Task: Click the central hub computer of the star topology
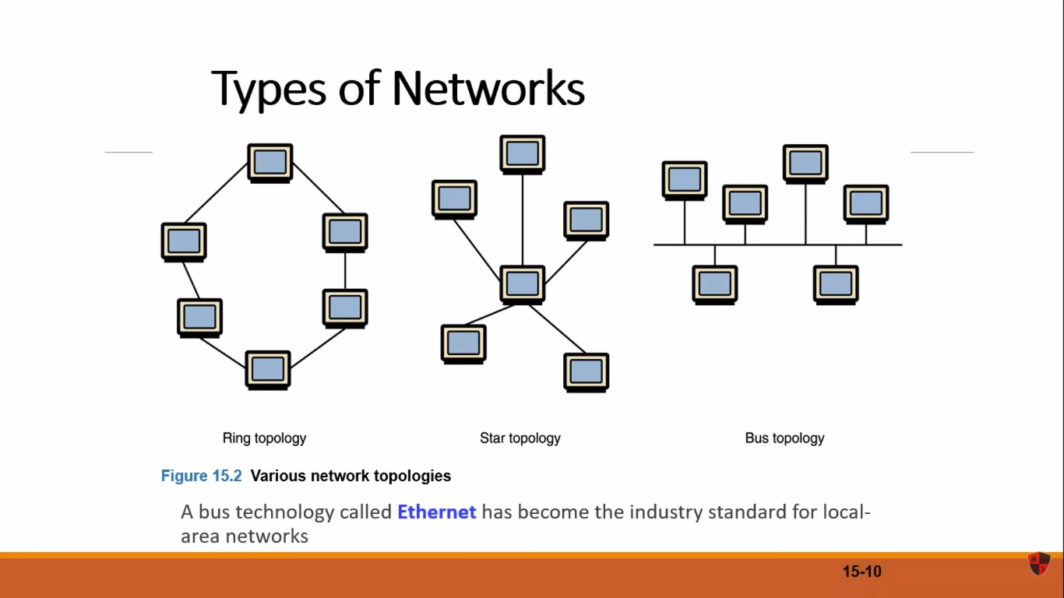(522, 285)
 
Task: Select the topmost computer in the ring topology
(270, 163)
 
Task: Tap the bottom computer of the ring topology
(268, 370)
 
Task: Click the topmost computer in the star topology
(522, 154)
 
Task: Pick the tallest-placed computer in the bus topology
(805, 164)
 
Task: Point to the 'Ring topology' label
(265, 438)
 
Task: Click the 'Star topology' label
(520, 438)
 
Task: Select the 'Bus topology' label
(784, 438)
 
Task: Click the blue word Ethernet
(436, 512)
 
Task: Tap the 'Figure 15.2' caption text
(202, 476)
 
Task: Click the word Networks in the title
(488, 88)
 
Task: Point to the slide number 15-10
(862, 572)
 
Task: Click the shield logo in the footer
(1039, 564)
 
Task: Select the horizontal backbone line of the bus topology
(778, 244)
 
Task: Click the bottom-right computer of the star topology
(587, 372)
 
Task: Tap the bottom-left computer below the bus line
(715, 285)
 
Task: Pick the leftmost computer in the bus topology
(685, 181)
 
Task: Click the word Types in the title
(269, 90)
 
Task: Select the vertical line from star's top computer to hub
(523, 220)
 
